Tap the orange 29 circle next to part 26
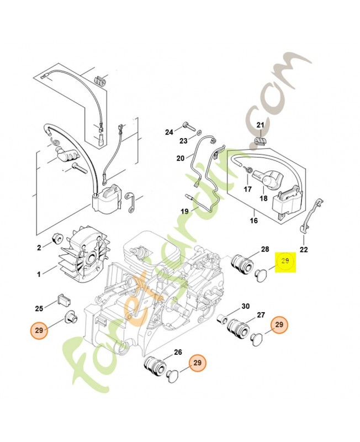pos(198,363)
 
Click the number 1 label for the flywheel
pos(39,273)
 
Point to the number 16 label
pos(254,220)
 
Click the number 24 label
pos(169,132)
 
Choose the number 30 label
pos(246,306)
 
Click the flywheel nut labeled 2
pos(56,239)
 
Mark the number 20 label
pos(181,159)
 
